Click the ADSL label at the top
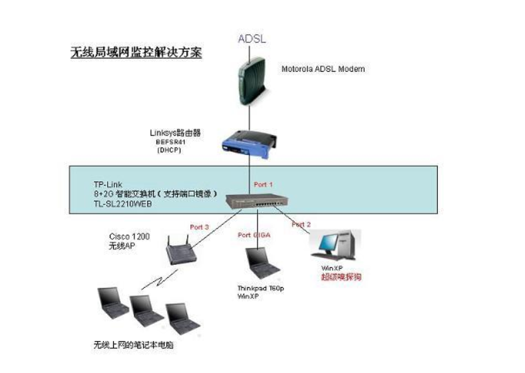(252, 39)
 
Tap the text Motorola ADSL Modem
(323, 69)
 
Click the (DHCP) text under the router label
(168, 151)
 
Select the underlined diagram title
(136, 52)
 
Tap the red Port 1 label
(263, 184)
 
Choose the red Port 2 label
(301, 225)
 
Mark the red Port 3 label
(199, 227)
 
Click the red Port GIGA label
(253, 235)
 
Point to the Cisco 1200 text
(125, 237)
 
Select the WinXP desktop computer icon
(337, 246)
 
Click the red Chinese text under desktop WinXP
(341, 277)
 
